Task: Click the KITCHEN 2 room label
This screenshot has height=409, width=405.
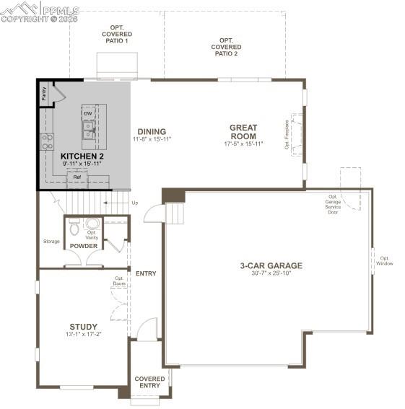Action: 82,156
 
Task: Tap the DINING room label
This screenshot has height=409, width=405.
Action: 152,131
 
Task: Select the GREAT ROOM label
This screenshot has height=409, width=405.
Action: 243,132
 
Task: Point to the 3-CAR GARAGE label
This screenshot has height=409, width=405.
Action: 271,265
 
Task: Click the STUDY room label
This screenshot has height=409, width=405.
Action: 83,326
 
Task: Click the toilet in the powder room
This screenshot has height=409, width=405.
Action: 74,227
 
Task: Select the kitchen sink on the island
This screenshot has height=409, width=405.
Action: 88,130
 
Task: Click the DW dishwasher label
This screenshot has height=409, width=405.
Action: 88,113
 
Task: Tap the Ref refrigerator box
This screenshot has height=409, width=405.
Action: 77,177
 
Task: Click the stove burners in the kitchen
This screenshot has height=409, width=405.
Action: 47,141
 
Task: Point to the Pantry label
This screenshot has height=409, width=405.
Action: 44,92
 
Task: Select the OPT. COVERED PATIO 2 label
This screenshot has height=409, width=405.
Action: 226,48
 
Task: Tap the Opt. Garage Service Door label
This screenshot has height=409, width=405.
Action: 333,204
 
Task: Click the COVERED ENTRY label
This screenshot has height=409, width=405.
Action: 149,382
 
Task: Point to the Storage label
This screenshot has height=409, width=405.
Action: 51,241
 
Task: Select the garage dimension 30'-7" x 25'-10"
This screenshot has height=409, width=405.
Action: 271,274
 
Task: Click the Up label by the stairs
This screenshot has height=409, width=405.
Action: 134,203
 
